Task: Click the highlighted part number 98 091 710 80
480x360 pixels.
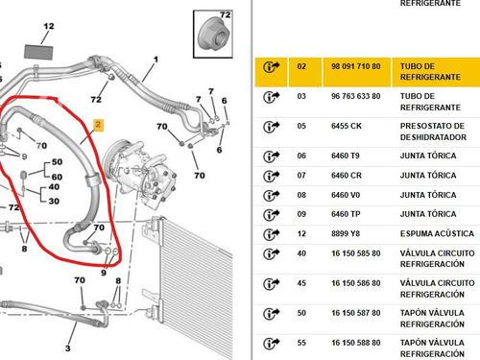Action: coord(356,66)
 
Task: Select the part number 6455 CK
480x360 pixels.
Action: coord(347,126)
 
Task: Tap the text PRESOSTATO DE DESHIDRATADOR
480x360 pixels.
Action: coord(433,132)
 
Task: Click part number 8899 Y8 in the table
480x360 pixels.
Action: coord(346,233)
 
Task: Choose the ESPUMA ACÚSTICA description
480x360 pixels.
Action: coord(437,233)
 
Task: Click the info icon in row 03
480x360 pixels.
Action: coord(272,96)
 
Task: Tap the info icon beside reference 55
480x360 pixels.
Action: coord(272,343)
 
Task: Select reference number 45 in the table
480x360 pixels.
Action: coord(301,283)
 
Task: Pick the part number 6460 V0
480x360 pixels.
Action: coord(346,195)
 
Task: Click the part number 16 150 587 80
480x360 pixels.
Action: coord(356,313)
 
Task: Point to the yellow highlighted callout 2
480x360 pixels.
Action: coord(98,125)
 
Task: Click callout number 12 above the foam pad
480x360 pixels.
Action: coord(49,26)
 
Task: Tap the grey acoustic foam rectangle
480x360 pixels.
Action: coord(38,52)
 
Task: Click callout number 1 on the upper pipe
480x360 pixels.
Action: coord(156,60)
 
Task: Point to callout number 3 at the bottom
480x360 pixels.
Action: coord(68,348)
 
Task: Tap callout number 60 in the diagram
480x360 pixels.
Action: coord(57,177)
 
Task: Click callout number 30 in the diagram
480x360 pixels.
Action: coord(54,201)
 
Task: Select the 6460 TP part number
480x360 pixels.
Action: coord(346,214)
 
